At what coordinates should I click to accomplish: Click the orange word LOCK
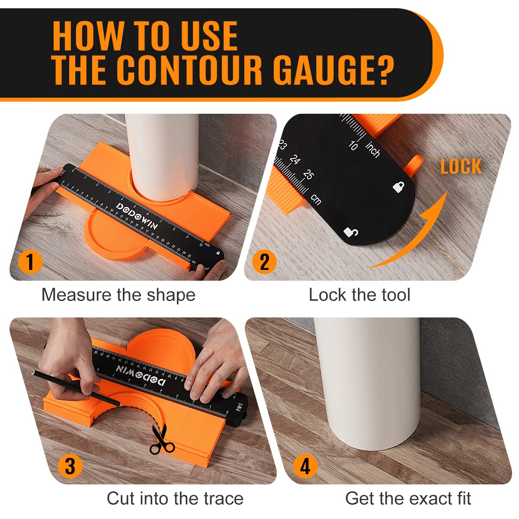(x=461, y=167)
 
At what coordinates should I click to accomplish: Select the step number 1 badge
(x=30, y=262)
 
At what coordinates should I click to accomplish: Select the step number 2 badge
(x=264, y=262)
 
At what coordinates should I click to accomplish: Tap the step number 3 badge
(x=70, y=466)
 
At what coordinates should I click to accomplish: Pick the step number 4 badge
(x=305, y=466)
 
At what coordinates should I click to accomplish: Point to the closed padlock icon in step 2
(x=398, y=187)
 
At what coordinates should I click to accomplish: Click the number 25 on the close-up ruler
(x=308, y=174)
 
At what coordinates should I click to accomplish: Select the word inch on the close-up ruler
(x=372, y=149)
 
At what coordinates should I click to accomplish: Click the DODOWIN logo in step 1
(x=137, y=215)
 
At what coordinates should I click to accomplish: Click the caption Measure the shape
(x=118, y=295)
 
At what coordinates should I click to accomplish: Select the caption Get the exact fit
(x=408, y=498)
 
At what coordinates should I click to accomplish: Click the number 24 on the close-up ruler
(x=295, y=160)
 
